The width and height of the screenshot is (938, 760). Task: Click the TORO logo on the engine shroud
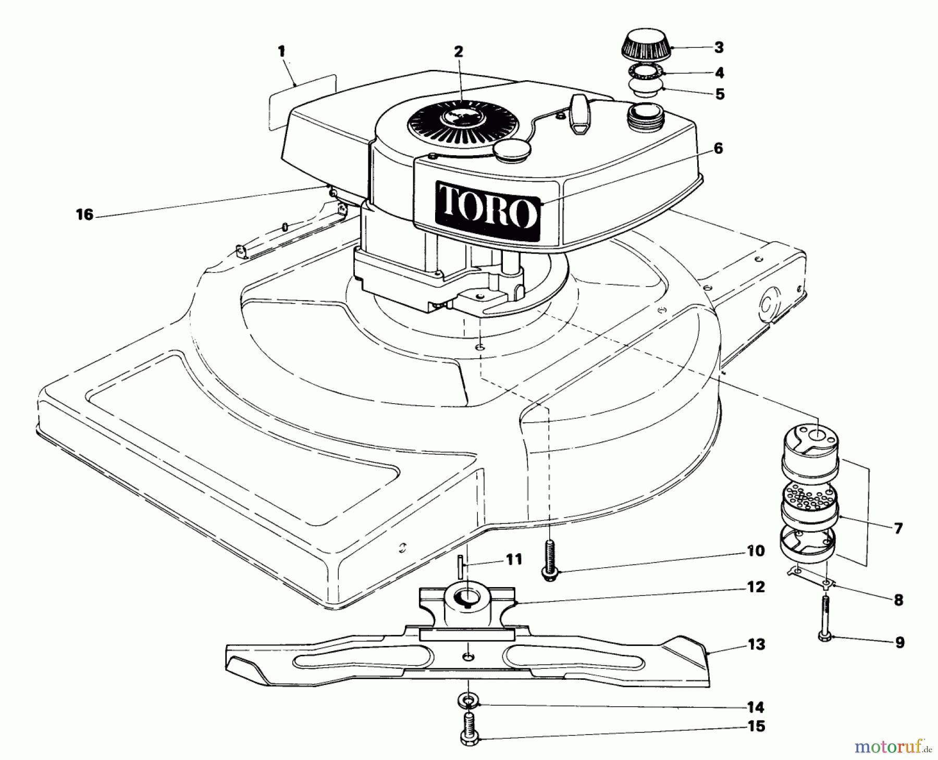(x=488, y=211)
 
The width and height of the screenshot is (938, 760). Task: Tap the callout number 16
(x=84, y=214)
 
